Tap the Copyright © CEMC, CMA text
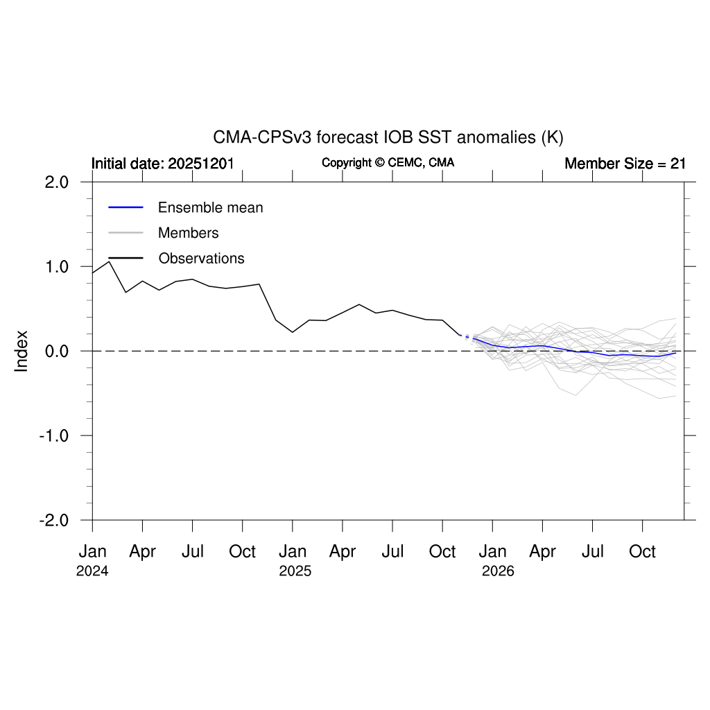click(x=388, y=163)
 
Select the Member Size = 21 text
click(x=625, y=164)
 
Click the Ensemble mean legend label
click(x=210, y=207)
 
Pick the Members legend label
click(x=188, y=233)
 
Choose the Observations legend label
click(x=201, y=259)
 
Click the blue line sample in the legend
click(x=125, y=207)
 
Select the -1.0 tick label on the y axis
click(x=55, y=436)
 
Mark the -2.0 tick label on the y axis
click(x=55, y=521)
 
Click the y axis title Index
click(x=21, y=351)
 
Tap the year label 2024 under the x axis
click(x=92, y=572)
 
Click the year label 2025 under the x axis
click(x=295, y=572)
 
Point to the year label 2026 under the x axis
click(x=497, y=572)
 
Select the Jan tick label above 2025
click(x=293, y=552)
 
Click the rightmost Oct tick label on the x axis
click(x=643, y=552)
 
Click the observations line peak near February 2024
click(x=109, y=261)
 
